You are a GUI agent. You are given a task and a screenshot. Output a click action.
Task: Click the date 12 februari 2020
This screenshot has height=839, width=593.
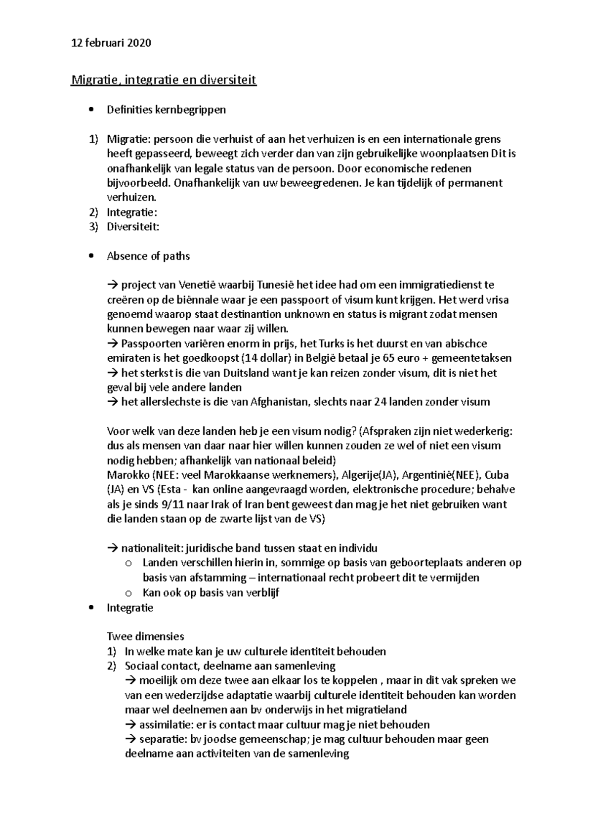point(111,43)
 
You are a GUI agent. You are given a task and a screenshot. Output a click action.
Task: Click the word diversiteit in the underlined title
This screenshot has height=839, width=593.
point(228,80)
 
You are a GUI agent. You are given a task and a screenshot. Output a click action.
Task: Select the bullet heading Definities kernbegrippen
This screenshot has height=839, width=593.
point(166,110)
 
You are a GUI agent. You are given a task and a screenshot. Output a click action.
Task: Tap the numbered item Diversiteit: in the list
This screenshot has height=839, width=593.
point(133,227)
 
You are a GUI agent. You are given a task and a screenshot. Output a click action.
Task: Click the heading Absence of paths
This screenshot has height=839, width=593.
point(148,256)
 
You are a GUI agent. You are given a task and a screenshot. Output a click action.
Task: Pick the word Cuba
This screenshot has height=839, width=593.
point(497,475)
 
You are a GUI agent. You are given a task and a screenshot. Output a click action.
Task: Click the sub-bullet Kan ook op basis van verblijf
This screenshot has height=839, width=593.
point(211,592)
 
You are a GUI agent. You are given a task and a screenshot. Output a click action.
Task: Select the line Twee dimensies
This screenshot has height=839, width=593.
point(145,636)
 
